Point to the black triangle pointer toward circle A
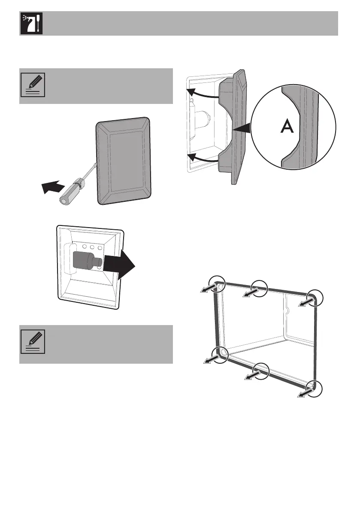242,128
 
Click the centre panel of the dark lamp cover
124,158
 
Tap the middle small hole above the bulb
93,247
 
